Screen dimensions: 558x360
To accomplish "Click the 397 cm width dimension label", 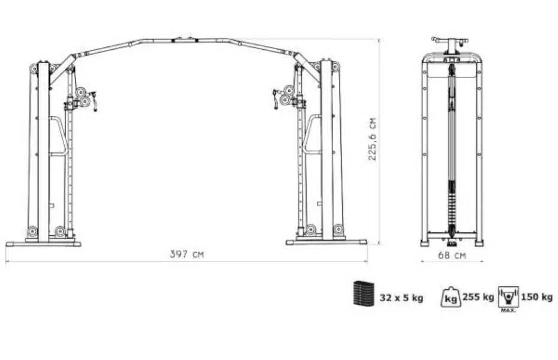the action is pos(187,254).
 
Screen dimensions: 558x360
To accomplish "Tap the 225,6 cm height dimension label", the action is pos(372,139).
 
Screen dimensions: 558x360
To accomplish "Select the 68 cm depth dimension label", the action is pos(452,255).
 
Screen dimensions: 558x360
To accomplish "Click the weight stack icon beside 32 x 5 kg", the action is pos(364,293).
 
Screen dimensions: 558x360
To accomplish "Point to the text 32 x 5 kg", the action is pos(401,298).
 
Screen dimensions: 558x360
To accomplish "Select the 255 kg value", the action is pos(478,296).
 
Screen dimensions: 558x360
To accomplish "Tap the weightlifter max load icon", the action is pos(508,296).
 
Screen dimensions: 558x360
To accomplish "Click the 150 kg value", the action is pos(536,296).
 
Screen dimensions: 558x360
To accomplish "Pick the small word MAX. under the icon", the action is pos(508,311).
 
